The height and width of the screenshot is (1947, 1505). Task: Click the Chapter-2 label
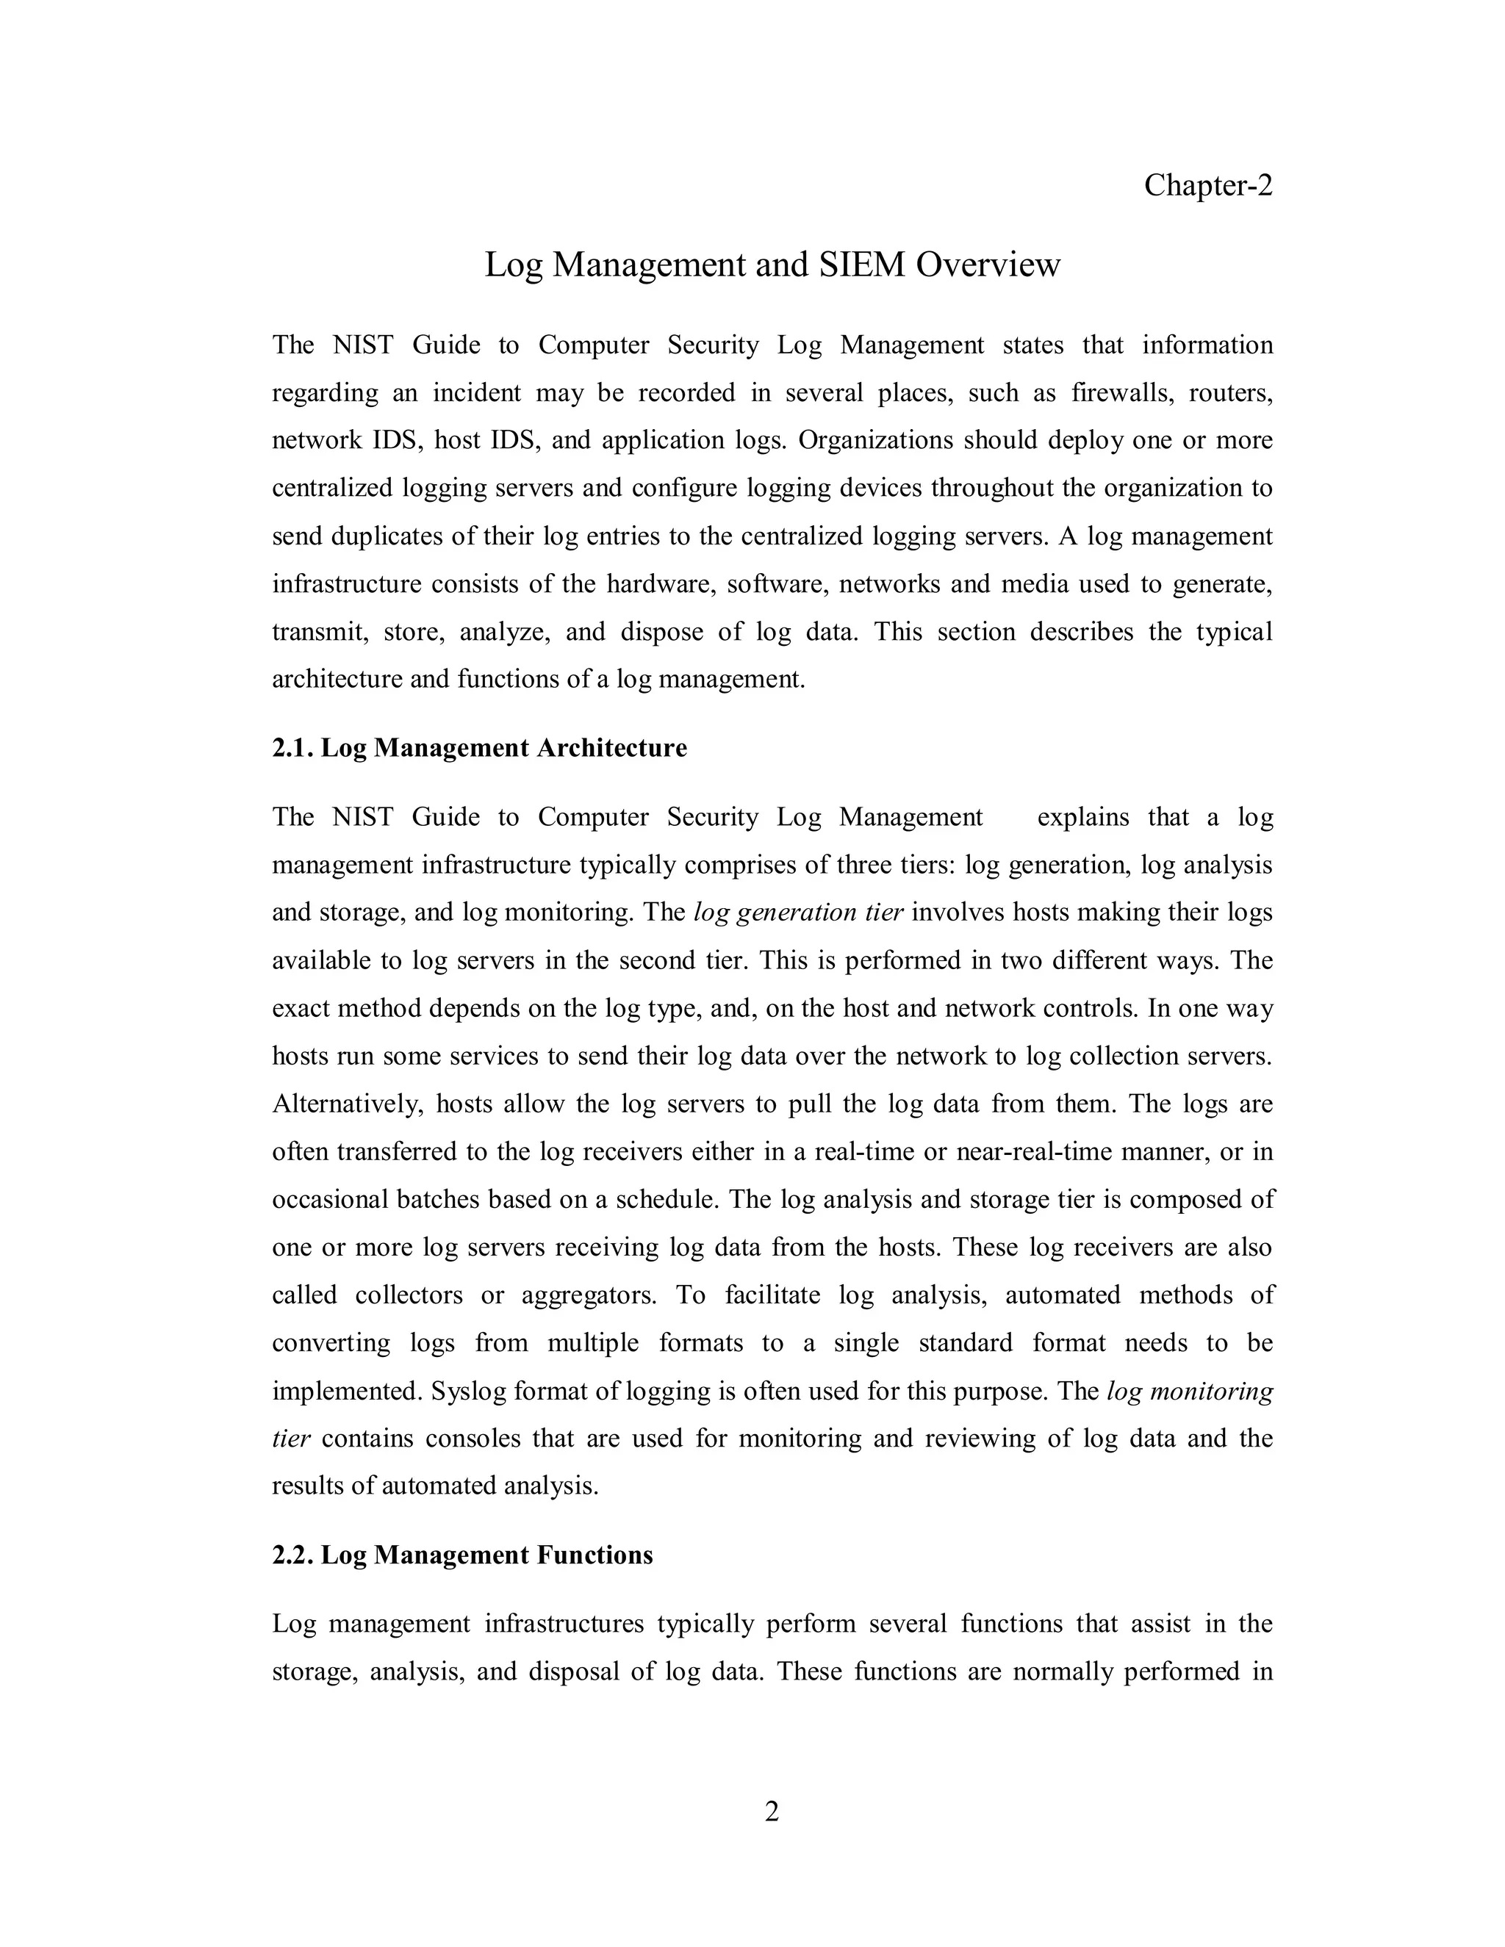point(1207,185)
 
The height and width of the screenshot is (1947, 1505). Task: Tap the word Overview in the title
point(987,264)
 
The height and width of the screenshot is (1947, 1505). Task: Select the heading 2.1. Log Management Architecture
point(479,748)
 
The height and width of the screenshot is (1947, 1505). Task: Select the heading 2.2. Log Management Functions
point(461,1555)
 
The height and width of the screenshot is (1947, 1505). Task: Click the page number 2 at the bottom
point(771,1812)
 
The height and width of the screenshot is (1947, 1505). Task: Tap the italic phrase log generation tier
point(798,913)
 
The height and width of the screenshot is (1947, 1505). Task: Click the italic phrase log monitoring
point(1190,1392)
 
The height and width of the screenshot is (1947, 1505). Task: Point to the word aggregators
point(589,1295)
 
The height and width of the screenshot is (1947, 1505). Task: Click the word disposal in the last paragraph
point(570,1671)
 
